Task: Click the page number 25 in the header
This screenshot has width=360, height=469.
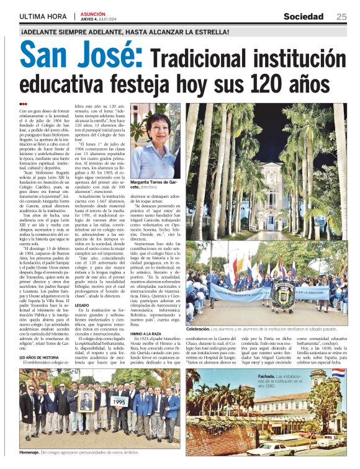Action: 341,16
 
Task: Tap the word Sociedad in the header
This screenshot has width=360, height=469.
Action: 304,16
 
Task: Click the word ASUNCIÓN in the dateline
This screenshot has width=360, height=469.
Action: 92,13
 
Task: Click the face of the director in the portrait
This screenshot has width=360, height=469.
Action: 153,127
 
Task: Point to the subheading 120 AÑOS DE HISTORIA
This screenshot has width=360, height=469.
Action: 38,357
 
